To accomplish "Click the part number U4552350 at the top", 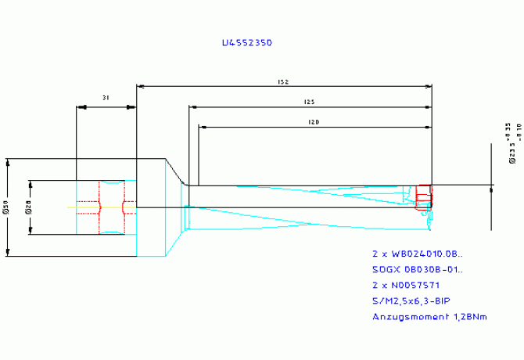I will coord(246,44).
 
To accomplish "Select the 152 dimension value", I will coord(284,81).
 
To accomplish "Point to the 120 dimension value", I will coord(314,122).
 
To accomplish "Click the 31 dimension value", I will coord(106,98).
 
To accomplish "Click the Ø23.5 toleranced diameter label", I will coord(512,145).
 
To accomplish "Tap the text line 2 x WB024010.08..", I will coord(416,254).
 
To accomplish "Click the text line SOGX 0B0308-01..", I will coord(416,270).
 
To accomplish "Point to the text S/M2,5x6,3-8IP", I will coord(411,301).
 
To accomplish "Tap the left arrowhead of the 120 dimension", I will coord(202,126).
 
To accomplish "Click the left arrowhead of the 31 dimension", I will coord(78,106).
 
